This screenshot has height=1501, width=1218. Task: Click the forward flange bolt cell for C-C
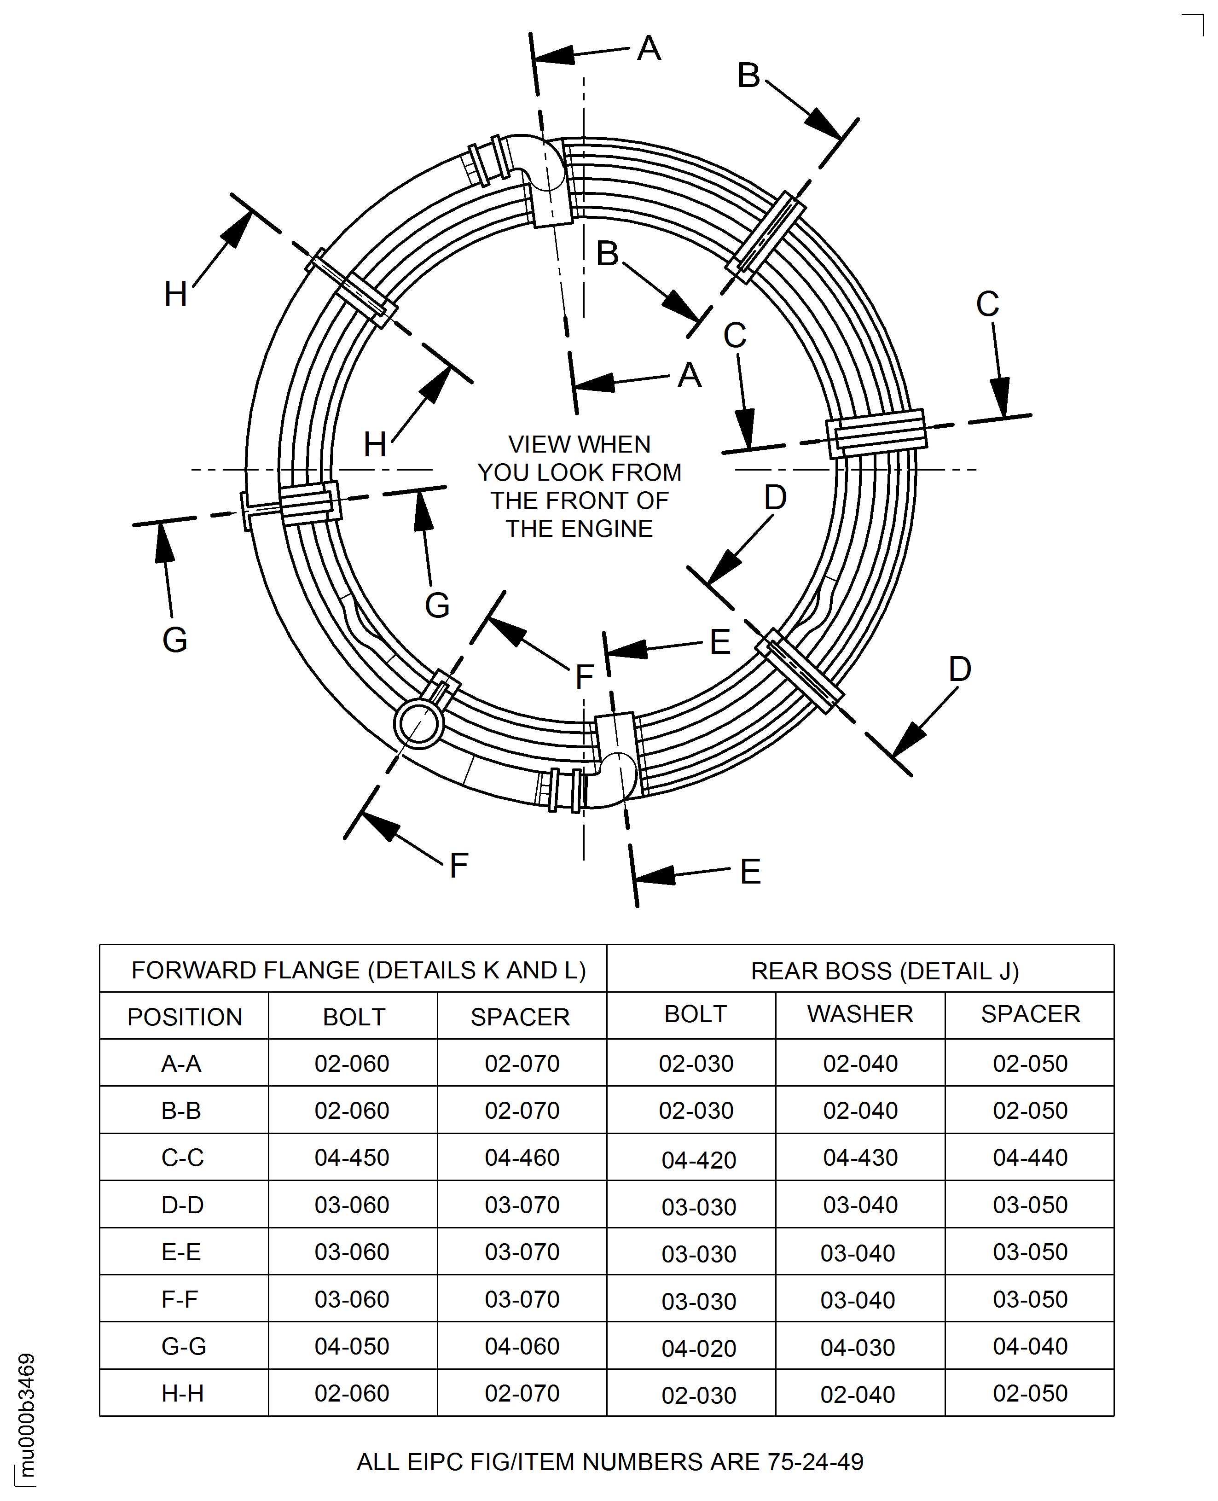(x=352, y=1157)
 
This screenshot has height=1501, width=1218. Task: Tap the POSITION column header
(x=185, y=1017)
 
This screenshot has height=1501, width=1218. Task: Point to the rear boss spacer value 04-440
(x=1030, y=1157)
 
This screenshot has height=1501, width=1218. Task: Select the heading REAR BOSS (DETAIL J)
(x=885, y=971)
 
